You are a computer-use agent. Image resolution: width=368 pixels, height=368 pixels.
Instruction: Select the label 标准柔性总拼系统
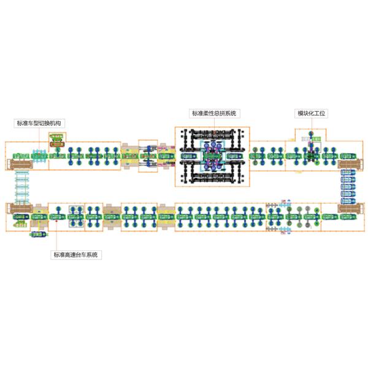[x=214, y=113]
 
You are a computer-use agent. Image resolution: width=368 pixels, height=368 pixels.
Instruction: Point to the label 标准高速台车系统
[x=77, y=255]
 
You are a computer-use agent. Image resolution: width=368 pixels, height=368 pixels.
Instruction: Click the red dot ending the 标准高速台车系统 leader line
[x=56, y=225]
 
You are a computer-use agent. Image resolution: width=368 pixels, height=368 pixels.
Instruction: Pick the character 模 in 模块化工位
[x=301, y=113]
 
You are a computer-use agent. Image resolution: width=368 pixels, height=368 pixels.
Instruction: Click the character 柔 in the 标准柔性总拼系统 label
[x=205, y=113]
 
